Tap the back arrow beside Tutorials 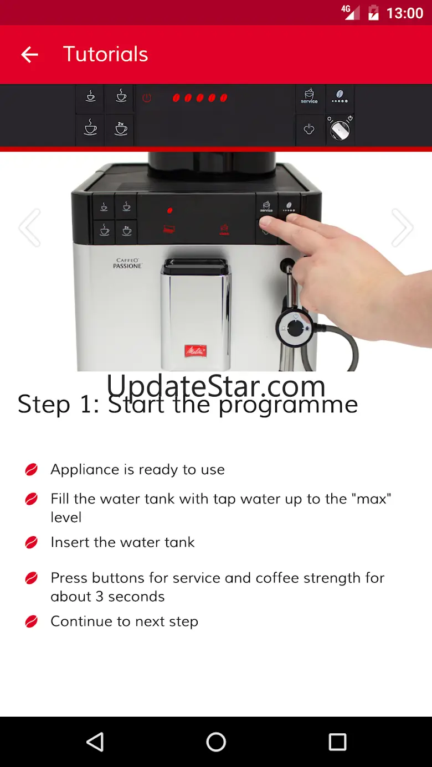tap(29, 54)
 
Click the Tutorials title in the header tap(106, 54)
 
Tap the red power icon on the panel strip tap(147, 98)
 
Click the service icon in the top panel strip tap(309, 96)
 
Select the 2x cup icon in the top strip tap(121, 128)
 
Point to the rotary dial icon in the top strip tap(340, 129)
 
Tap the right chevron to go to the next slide tap(402, 227)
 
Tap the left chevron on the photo tap(30, 227)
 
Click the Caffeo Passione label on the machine tap(127, 263)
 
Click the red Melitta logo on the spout tap(196, 351)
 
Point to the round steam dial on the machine tap(295, 328)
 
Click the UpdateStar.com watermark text tap(216, 386)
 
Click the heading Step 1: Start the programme tap(188, 404)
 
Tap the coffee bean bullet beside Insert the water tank tap(31, 542)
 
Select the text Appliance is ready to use tap(138, 469)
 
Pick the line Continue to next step tap(125, 621)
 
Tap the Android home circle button tap(216, 742)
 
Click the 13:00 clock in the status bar tap(405, 13)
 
